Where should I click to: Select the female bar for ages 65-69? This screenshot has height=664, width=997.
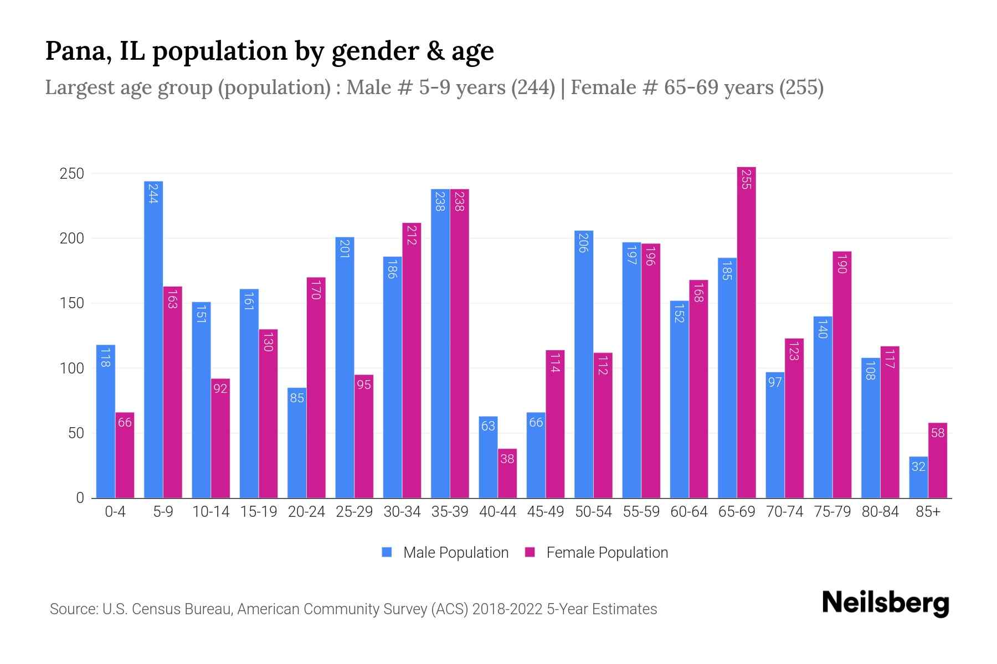[x=746, y=332]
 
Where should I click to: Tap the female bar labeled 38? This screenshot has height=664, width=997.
[x=507, y=473]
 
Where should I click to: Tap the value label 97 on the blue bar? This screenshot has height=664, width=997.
[x=775, y=382]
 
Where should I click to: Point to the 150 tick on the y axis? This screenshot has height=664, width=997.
[x=71, y=303]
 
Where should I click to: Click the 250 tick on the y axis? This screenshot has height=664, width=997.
[x=71, y=174]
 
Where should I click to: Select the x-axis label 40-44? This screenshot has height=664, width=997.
[x=497, y=512]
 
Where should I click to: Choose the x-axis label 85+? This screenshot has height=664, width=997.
[x=928, y=512]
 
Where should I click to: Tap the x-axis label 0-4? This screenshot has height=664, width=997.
[x=115, y=512]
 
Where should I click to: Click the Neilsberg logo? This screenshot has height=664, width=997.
[x=885, y=603]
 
